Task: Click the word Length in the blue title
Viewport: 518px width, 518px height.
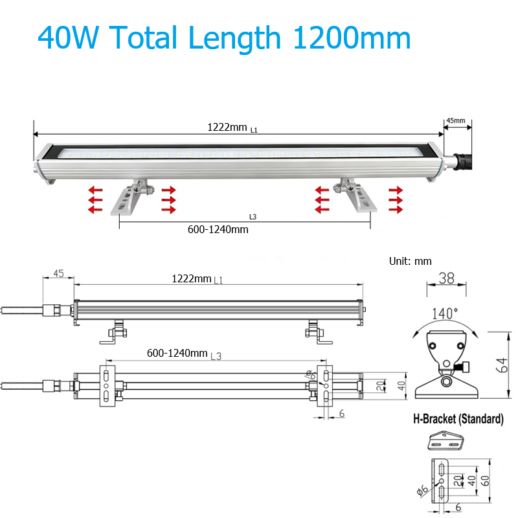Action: tap(234, 38)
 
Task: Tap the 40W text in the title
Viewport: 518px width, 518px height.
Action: tap(69, 37)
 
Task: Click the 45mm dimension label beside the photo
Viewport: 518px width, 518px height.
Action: tap(456, 120)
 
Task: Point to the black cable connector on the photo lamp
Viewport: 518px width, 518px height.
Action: tap(462, 161)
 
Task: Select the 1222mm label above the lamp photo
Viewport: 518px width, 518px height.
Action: tap(227, 127)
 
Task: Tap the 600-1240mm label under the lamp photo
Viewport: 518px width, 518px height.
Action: tap(218, 229)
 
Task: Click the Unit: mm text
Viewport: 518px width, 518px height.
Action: tap(411, 262)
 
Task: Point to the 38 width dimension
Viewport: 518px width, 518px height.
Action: tap(446, 278)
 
